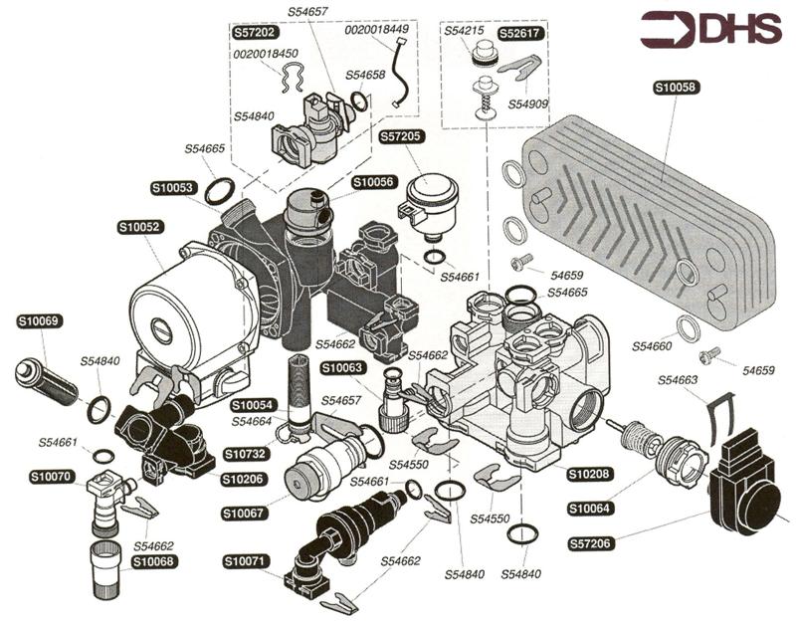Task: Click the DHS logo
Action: click(710, 30)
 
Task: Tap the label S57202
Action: click(256, 32)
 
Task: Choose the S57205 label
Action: click(400, 135)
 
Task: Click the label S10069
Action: click(40, 321)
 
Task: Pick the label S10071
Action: click(245, 562)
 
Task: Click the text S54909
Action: click(527, 104)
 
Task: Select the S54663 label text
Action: click(681, 379)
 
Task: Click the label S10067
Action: click(245, 514)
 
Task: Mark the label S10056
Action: click(374, 182)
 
